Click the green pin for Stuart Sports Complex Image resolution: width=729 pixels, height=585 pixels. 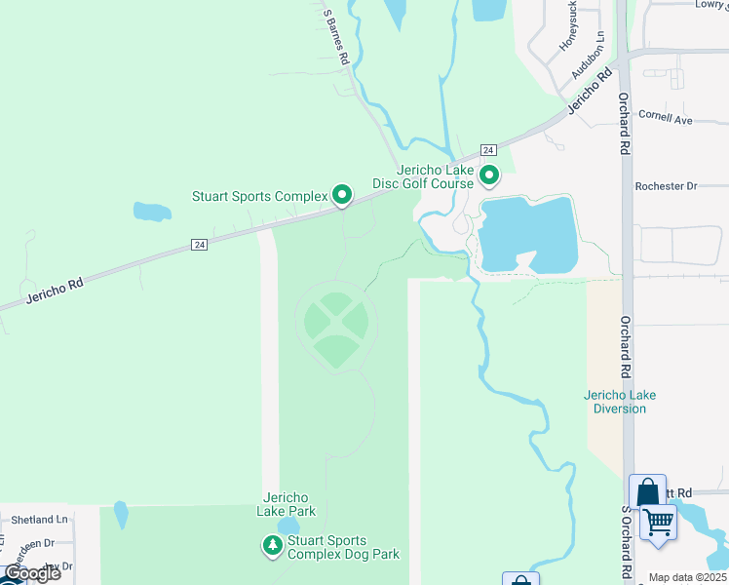pos(342,196)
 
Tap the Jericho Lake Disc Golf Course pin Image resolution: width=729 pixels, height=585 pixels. pos(488,175)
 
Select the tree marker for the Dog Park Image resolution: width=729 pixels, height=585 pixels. pos(272,546)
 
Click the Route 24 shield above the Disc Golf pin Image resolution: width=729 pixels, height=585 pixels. pos(488,149)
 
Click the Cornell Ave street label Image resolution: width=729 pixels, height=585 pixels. pos(665,118)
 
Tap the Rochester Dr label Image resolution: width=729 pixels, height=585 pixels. pos(666,185)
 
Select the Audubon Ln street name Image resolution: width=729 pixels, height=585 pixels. pos(588,55)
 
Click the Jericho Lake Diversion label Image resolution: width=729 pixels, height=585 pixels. pos(620,402)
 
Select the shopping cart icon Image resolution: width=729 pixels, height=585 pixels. pos(658,522)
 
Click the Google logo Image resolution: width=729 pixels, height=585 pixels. pos(31,573)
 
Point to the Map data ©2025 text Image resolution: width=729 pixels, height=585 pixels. pos(686,577)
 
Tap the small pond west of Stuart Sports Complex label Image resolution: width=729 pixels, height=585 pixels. pos(151,211)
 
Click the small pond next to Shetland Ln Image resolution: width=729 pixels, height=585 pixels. pos(121,514)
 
